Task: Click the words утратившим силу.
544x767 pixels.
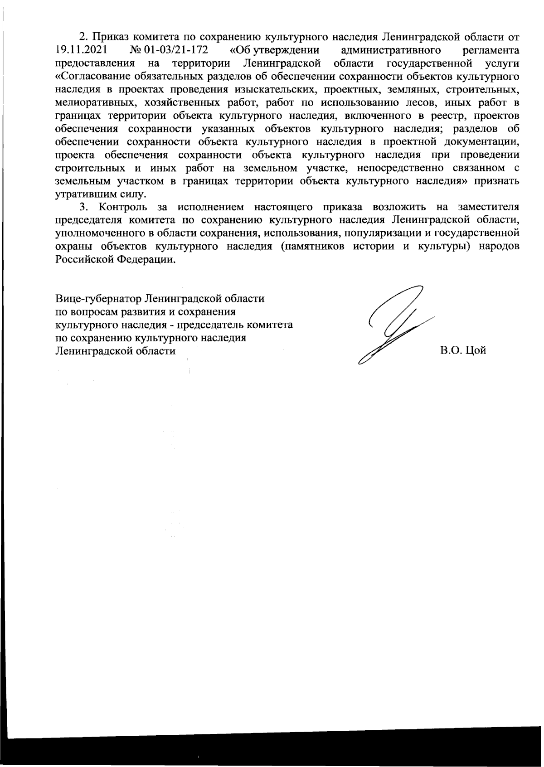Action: (x=101, y=194)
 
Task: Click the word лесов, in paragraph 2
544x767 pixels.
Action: (x=419, y=100)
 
